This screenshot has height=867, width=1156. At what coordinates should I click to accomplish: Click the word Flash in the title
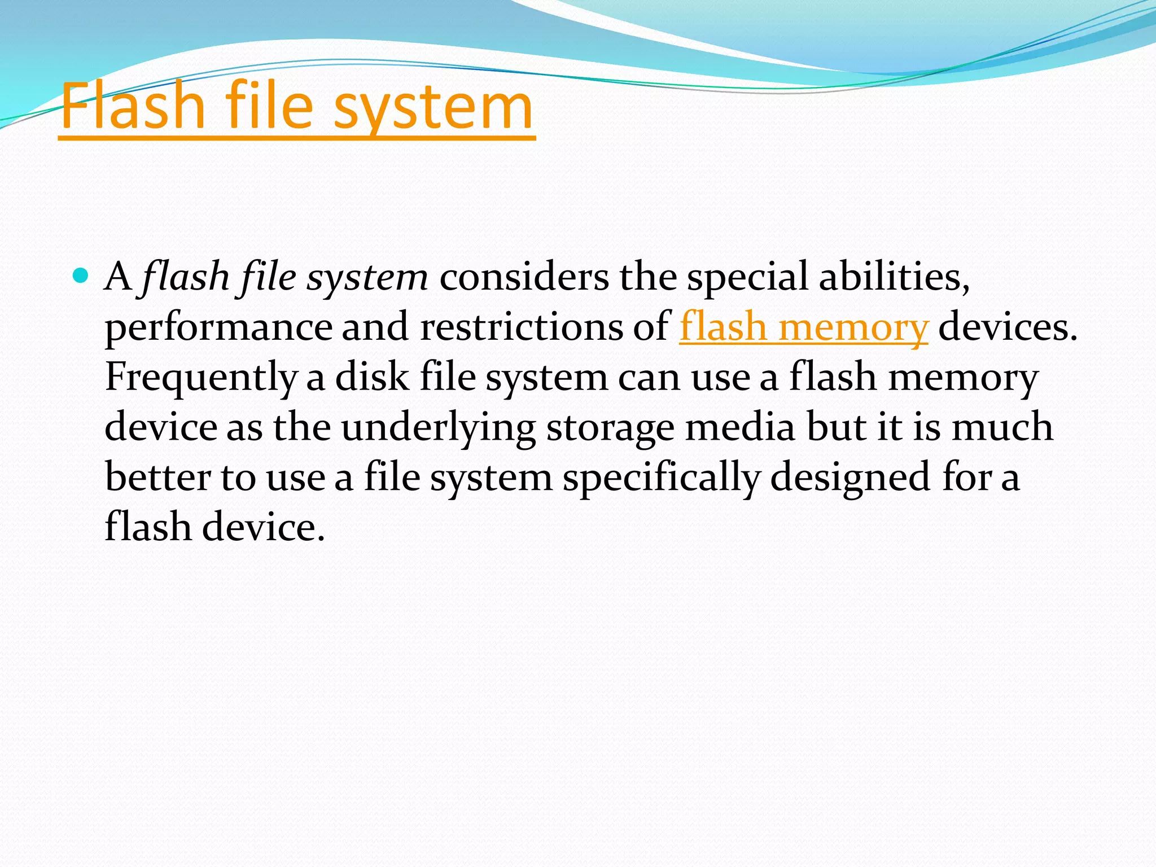pyautogui.click(x=132, y=106)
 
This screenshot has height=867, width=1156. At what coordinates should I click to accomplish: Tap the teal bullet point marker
pyautogui.click(x=81, y=276)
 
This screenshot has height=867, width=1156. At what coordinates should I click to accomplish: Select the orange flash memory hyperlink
pyautogui.click(x=803, y=327)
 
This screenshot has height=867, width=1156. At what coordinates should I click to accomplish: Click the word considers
pyautogui.click(x=524, y=277)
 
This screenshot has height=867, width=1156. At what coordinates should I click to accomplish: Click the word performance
pyautogui.click(x=218, y=327)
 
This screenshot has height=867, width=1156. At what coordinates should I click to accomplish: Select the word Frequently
pyautogui.click(x=200, y=377)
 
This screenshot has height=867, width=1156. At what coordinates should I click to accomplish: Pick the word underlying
pyautogui.click(x=438, y=427)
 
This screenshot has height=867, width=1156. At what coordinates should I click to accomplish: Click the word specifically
pyautogui.click(x=661, y=478)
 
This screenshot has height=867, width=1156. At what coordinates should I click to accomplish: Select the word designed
pyautogui.click(x=850, y=477)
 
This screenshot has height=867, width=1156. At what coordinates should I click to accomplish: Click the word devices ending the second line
pyautogui.click(x=1007, y=327)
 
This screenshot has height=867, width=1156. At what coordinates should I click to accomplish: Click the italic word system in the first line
pyautogui.click(x=367, y=277)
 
